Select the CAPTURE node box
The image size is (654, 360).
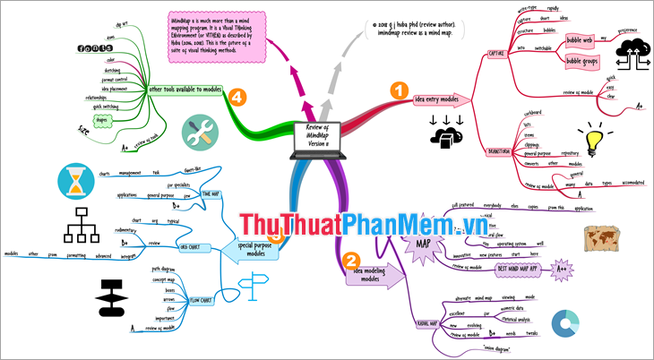495,52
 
